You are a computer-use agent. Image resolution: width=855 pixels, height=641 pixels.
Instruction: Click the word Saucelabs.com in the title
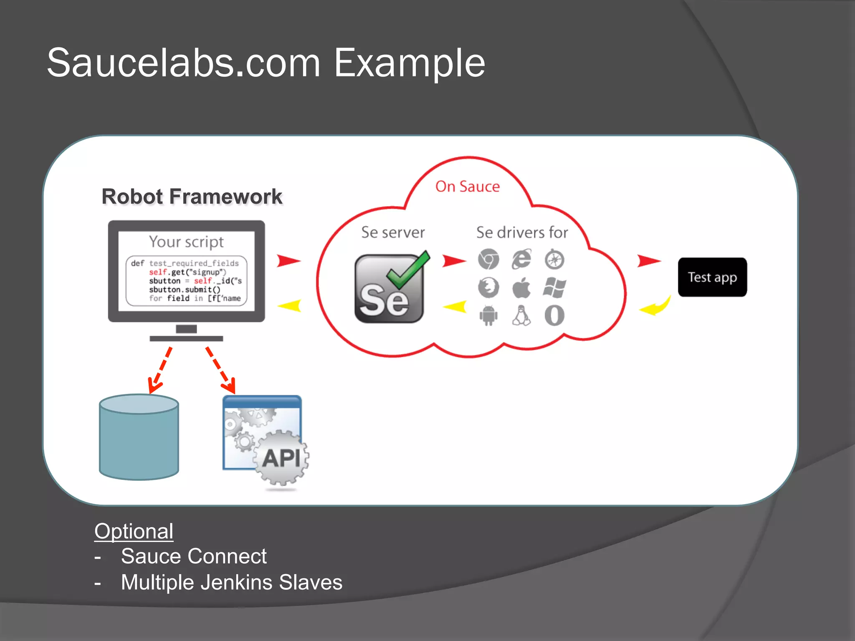[x=184, y=63]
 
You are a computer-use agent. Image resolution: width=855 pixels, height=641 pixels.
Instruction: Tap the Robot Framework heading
[x=192, y=197]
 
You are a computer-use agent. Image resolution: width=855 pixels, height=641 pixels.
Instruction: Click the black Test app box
[x=712, y=277]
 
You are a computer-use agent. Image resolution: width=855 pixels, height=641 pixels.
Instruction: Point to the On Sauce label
[x=467, y=187]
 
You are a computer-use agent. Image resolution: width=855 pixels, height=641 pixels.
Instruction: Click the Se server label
[x=393, y=232]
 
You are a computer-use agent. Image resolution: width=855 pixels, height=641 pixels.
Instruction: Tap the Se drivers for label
[x=522, y=232]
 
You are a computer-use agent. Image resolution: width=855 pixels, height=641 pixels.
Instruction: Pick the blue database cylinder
[x=139, y=437]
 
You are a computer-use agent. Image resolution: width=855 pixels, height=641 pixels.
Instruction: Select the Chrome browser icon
[x=488, y=260]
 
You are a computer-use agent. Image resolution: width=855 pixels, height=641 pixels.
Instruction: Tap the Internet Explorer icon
[x=521, y=260]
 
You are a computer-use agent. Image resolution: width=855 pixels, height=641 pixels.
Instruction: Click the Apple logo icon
[x=521, y=288]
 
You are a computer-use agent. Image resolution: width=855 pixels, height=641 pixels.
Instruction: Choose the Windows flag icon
[x=554, y=288]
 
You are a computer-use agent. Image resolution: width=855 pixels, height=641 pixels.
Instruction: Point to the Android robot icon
[x=488, y=315]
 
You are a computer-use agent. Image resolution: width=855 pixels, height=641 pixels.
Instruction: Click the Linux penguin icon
[x=521, y=315]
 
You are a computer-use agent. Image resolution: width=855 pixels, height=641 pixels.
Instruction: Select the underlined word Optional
[x=134, y=531]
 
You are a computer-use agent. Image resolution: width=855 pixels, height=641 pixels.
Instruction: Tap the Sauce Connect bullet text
[x=194, y=556]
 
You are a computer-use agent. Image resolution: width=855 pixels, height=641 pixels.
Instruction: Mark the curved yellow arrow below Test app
[x=656, y=307]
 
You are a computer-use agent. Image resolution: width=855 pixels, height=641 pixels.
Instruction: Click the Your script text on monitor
[x=186, y=242]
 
